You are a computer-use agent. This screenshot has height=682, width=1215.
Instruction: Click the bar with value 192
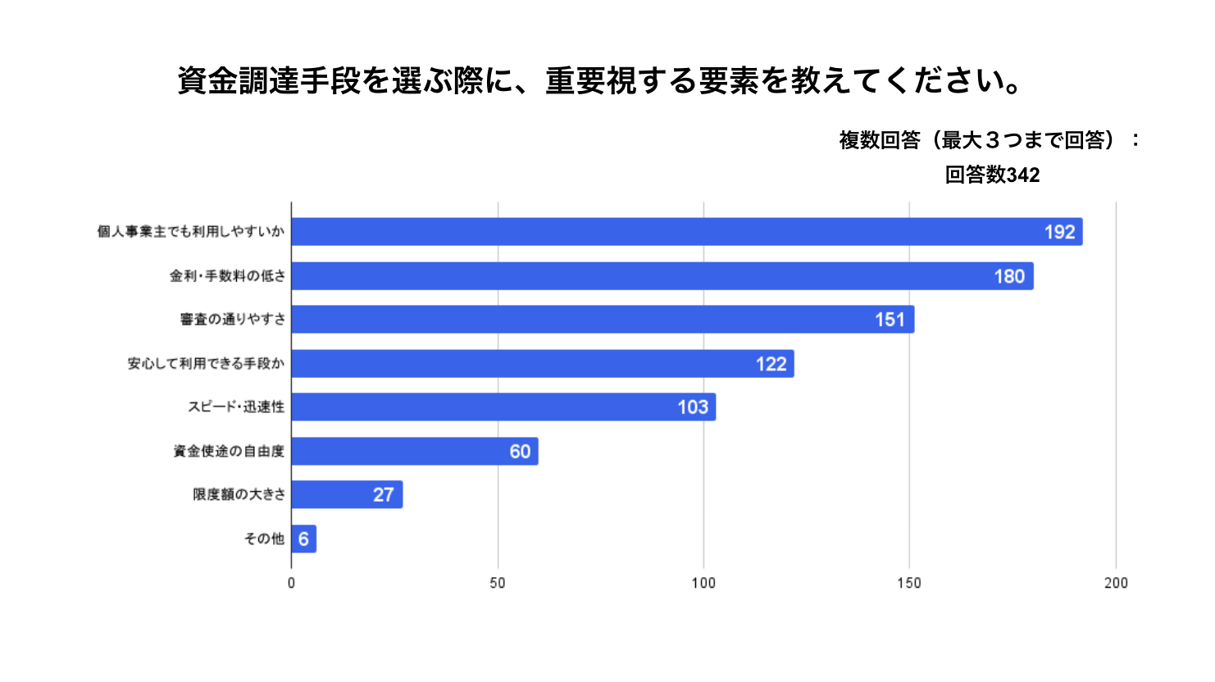coord(686,232)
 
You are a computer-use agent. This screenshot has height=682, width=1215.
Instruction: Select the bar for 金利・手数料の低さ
coord(662,276)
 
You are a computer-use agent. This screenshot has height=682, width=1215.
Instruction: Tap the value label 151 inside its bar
coord(890,320)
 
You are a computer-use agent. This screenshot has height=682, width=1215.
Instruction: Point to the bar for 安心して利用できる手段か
coord(542,364)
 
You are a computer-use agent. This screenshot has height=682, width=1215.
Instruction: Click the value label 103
coord(693,407)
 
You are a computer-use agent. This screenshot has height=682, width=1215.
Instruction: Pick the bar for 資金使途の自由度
coord(414,451)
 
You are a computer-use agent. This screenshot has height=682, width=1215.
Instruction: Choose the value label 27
coord(383,495)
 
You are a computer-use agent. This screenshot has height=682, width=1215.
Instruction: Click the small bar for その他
coord(303,539)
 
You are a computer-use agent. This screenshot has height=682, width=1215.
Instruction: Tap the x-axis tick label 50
coord(498,583)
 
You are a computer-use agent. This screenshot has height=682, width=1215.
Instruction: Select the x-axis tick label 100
coord(703,583)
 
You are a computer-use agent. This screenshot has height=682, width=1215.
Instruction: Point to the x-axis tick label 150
coord(909,583)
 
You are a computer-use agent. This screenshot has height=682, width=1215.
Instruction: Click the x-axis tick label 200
coord(1116,583)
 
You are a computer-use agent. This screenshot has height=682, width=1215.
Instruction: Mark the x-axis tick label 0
coord(291,583)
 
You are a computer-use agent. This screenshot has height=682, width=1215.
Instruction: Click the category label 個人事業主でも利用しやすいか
coord(191,232)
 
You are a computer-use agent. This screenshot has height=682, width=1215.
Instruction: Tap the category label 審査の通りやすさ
coord(233,320)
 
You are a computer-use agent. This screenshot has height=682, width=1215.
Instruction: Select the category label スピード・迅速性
coord(236,407)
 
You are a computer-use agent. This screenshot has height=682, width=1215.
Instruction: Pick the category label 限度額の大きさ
coord(239,495)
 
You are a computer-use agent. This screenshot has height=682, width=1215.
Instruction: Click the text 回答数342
coord(992,175)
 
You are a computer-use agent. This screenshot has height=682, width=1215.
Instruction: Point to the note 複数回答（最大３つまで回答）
coord(981,140)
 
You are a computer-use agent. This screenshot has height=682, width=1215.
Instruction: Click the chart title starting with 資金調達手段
coord(600,80)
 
